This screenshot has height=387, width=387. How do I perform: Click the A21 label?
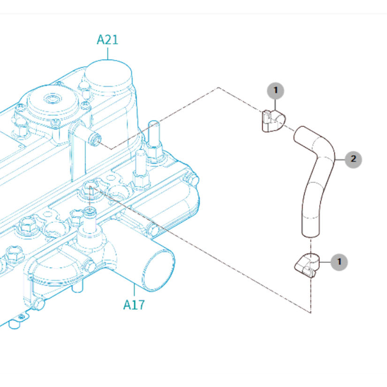pyautogui.click(x=107, y=40)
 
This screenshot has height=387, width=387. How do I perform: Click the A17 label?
pyautogui.click(x=134, y=304)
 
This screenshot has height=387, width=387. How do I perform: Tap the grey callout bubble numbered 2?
pyautogui.click(x=353, y=159)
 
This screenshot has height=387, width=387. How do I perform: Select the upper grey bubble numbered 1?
pyautogui.click(x=276, y=90)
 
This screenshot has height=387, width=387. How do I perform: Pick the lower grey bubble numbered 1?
pyautogui.click(x=339, y=261)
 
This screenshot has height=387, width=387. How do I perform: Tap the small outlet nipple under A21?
pyautogui.click(x=96, y=139)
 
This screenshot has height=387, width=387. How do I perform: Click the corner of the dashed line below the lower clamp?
pyautogui.click(x=310, y=312)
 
